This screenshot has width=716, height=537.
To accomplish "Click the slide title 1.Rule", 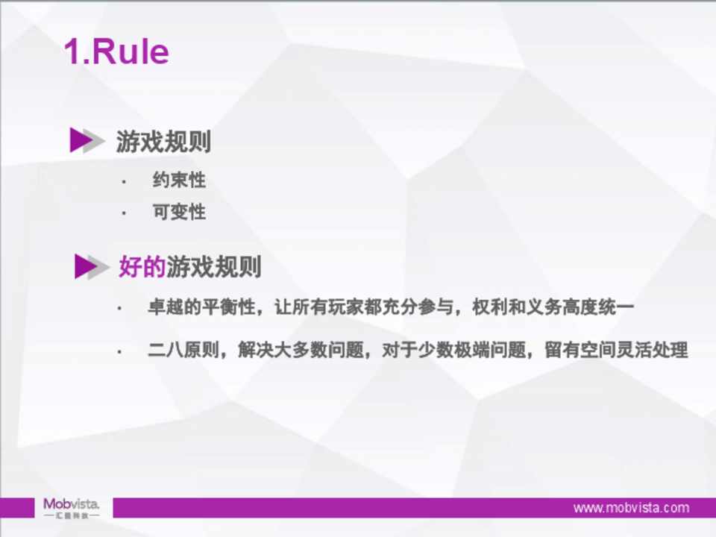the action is coord(116,51).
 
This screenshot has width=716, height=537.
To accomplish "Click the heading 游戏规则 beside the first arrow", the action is coord(163,141).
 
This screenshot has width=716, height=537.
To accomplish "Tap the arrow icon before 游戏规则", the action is coord(87,139).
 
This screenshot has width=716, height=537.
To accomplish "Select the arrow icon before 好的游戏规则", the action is coord(92,266).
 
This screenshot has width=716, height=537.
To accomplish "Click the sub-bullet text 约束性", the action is coord(179,180).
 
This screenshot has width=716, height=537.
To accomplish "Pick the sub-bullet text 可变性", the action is coord(179,211).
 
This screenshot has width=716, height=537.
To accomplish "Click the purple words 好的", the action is coord(142,266).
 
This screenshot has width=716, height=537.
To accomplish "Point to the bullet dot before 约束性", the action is coord(124,182).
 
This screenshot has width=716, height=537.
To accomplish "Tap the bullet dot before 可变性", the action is coord(124,213).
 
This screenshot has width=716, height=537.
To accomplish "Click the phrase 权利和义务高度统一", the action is coord(553,307).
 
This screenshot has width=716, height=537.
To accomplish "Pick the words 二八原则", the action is coord(183,351).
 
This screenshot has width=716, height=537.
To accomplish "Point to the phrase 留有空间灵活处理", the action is coord(617,351).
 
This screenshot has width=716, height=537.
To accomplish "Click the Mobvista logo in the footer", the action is coord(72,508).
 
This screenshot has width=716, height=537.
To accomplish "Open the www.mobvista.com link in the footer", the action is coord(632,508).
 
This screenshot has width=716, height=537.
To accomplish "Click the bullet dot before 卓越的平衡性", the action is coord(119,309).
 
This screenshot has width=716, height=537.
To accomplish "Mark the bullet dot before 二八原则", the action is coord(119,352).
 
